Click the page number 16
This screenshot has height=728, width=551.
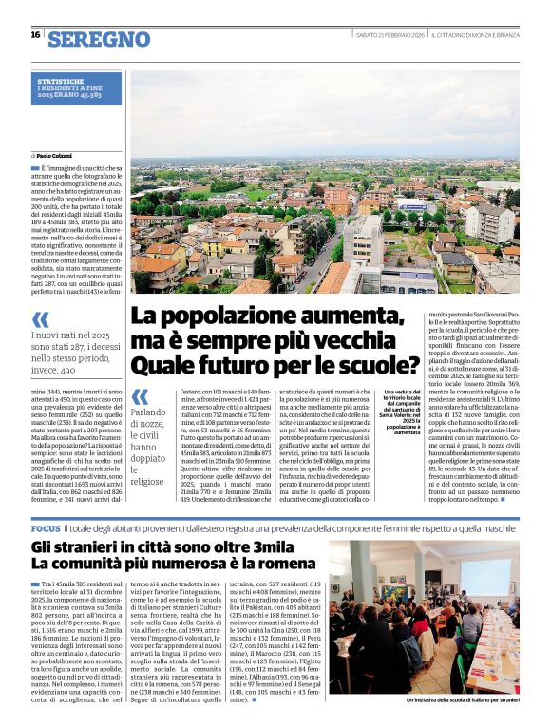click(34, 35)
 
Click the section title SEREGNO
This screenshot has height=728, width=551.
click(99, 39)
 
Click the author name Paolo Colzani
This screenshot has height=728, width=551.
click(56, 155)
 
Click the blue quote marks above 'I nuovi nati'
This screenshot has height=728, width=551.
click(42, 320)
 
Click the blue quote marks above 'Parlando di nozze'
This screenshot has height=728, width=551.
click(141, 395)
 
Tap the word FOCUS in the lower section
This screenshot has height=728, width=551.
click(47, 527)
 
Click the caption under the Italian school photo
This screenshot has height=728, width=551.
click(446, 700)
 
